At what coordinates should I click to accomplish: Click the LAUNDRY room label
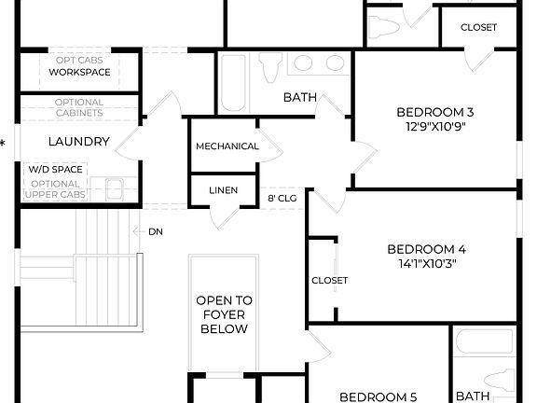click(78, 143)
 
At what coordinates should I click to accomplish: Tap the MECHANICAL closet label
click(227, 146)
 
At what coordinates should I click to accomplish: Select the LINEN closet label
click(223, 190)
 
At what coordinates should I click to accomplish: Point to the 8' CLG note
click(282, 198)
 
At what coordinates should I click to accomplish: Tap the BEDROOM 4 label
click(426, 249)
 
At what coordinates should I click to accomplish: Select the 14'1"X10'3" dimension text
click(426, 263)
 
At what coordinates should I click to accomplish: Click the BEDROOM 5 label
click(378, 396)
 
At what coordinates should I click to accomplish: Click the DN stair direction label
click(154, 230)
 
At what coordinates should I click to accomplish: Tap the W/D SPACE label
click(56, 169)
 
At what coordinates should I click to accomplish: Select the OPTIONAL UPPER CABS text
click(56, 189)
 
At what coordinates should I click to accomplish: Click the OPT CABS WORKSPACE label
click(78, 65)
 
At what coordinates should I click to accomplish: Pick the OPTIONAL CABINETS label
click(78, 107)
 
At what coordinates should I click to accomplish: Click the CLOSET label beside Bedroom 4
click(329, 280)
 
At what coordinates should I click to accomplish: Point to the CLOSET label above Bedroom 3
click(478, 27)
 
